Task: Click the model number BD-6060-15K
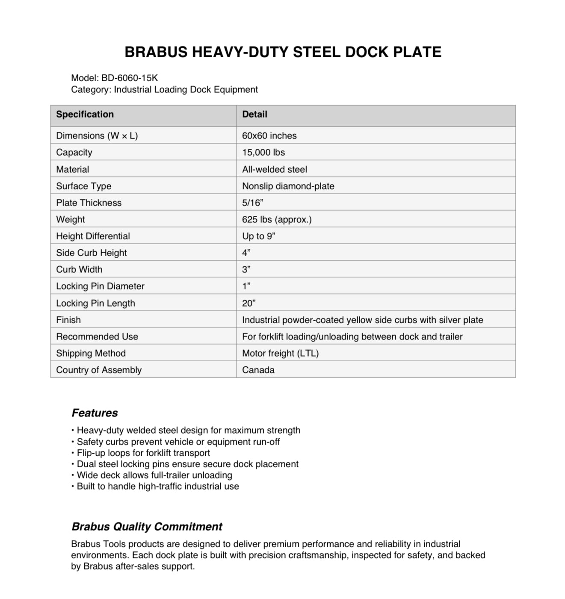129,78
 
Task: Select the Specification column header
85,114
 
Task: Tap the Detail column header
254,114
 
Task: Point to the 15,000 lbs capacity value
263,152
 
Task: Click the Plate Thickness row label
89,203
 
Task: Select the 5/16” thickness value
252,203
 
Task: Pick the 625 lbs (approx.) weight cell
277,219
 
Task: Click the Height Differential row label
93,236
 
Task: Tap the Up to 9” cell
258,236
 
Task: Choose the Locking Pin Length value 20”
248,303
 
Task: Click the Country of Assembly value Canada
258,370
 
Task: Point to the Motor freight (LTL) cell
280,353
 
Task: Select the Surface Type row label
83,186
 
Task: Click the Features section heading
95,413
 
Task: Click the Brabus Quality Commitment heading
147,526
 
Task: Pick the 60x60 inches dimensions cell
269,136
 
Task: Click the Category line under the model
164,89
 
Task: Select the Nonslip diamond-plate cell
288,186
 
